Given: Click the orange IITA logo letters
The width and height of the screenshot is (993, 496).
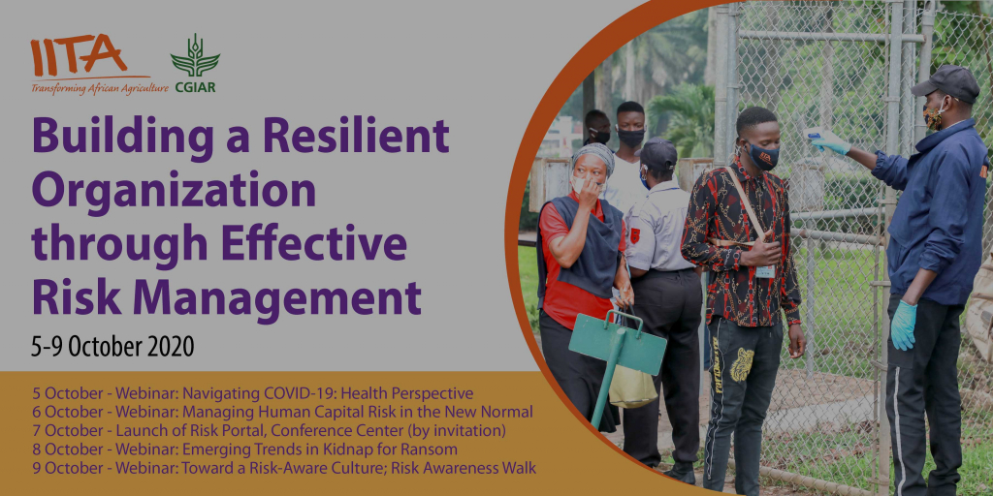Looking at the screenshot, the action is pos(79,55).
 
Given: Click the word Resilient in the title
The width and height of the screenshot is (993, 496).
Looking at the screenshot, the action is pos(357,137).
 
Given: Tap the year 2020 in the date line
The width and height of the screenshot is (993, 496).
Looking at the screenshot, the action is pos(170,348).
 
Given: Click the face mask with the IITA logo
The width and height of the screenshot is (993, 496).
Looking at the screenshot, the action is pos(761,156).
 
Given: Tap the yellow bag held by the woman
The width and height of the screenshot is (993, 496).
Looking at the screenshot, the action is pos(631,386).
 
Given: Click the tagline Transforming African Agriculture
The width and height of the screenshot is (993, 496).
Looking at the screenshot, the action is pos(100,87).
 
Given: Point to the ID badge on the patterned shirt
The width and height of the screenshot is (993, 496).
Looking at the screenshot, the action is pos(765,271).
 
